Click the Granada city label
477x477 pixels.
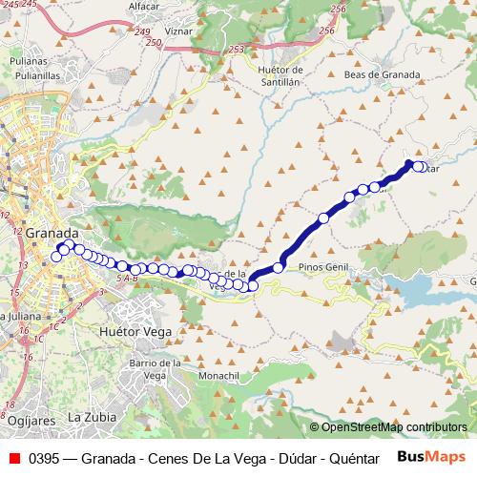point(52,232)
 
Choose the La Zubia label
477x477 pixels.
point(92,418)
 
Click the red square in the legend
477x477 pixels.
point(13,457)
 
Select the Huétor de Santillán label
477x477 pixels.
point(280,76)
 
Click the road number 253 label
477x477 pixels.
point(237,49)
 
